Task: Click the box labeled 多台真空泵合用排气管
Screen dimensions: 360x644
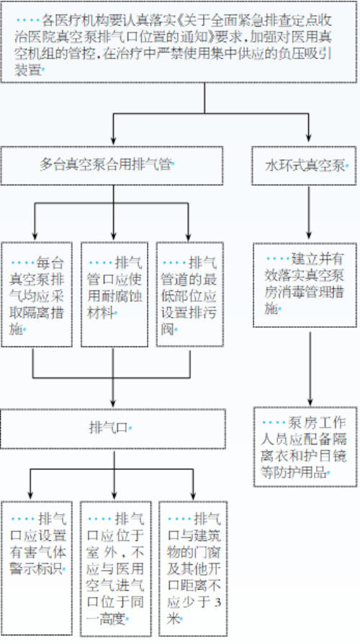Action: [x=112, y=166]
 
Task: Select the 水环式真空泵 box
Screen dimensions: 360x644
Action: [x=304, y=166]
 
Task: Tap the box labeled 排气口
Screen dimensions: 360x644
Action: [x=113, y=429]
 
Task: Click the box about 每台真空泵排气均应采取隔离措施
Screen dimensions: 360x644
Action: [x=37, y=294]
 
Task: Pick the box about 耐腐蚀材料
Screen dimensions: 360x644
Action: [x=114, y=294]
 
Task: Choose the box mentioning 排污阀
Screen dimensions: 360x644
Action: [x=189, y=294]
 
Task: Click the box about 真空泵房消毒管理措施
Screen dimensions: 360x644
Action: [x=305, y=285]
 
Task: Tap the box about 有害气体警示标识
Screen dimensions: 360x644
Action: [x=37, y=568]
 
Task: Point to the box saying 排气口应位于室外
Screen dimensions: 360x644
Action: [x=115, y=568]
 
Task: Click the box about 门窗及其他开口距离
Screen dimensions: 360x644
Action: [x=193, y=568]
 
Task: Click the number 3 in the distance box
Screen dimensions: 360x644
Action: [x=217, y=602]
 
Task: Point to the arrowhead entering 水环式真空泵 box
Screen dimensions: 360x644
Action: [x=308, y=138]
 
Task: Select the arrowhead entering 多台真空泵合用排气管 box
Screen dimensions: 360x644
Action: [x=113, y=139]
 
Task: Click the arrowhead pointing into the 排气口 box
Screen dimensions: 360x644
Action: [x=113, y=403]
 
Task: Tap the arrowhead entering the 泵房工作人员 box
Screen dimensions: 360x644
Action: [x=310, y=401]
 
